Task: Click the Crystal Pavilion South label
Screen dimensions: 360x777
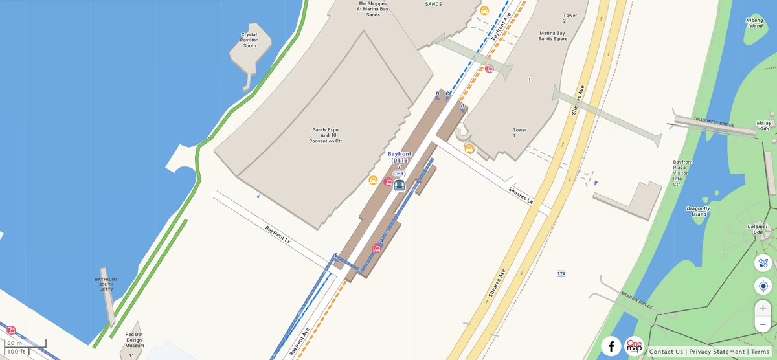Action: pyautogui.click(x=249, y=40)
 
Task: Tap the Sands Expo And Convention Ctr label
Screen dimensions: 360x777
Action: pyautogui.click(x=325, y=135)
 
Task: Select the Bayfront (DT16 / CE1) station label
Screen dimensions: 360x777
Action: pyautogui.click(x=400, y=164)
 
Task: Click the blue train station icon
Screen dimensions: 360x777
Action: pyautogui.click(x=400, y=185)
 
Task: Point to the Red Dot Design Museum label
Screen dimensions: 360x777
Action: pyautogui.click(x=135, y=341)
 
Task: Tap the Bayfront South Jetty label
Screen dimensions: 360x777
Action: pyautogui.click(x=106, y=284)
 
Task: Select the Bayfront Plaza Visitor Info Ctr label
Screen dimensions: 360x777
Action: pyautogui.click(x=682, y=173)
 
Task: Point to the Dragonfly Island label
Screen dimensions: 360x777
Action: pyautogui.click(x=698, y=212)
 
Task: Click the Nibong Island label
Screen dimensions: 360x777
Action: pyautogui.click(x=755, y=23)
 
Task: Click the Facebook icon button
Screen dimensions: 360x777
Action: pyautogui.click(x=611, y=346)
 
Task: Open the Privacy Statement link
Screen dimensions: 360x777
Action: pyautogui.click(x=717, y=352)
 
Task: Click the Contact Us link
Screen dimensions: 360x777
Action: pyautogui.click(x=666, y=352)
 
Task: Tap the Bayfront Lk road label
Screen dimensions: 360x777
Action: pyautogui.click(x=278, y=234)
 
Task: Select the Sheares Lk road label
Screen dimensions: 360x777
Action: pyautogui.click(x=521, y=196)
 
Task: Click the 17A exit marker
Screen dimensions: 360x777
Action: pyautogui.click(x=561, y=274)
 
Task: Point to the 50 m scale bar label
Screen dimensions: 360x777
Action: pyautogui.click(x=15, y=343)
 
